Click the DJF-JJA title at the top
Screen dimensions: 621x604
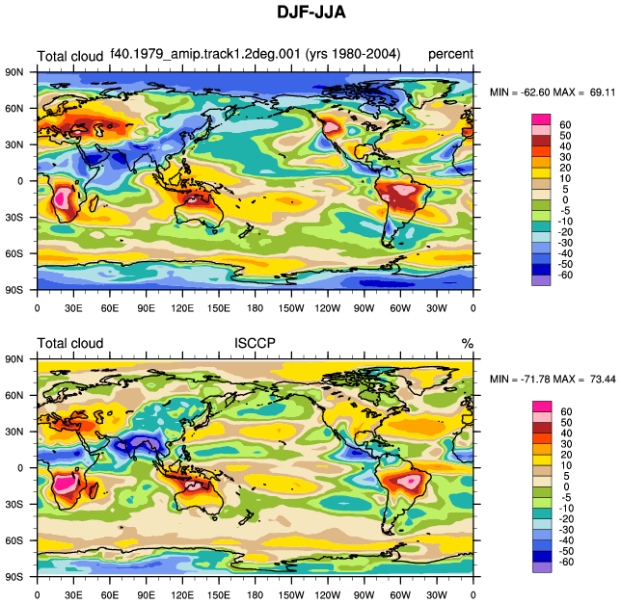click(x=311, y=13)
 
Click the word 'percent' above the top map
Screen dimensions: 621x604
click(x=450, y=54)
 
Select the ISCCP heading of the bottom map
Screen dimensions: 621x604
click(x=255, y=343)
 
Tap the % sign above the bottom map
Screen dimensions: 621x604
click(x=468, y=343)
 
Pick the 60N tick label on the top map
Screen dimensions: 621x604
click(x=14, y=109)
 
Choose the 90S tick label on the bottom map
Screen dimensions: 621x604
click(x=14, y=577)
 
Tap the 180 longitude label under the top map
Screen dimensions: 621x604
click(x=255, y=307)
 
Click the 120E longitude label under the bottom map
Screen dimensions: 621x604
click(x=182, y=594)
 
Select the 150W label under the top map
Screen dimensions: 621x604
click(x=291, y=307)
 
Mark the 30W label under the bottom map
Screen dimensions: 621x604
click(x=437, y=594)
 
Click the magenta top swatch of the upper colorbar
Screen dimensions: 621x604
click(x=541, y=119)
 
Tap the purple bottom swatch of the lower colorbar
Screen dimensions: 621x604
click(x=542, y=566)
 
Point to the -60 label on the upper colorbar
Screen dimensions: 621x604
click(x=565, y=275)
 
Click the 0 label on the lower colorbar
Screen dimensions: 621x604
click(x=566, y=486)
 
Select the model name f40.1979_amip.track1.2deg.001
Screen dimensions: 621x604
click(x=205, y=53)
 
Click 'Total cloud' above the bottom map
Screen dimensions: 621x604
click(x=70, y=343)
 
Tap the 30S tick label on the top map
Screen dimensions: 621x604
click(x=14, y=217)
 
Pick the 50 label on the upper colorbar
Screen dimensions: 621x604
click(x=565, y=135)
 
